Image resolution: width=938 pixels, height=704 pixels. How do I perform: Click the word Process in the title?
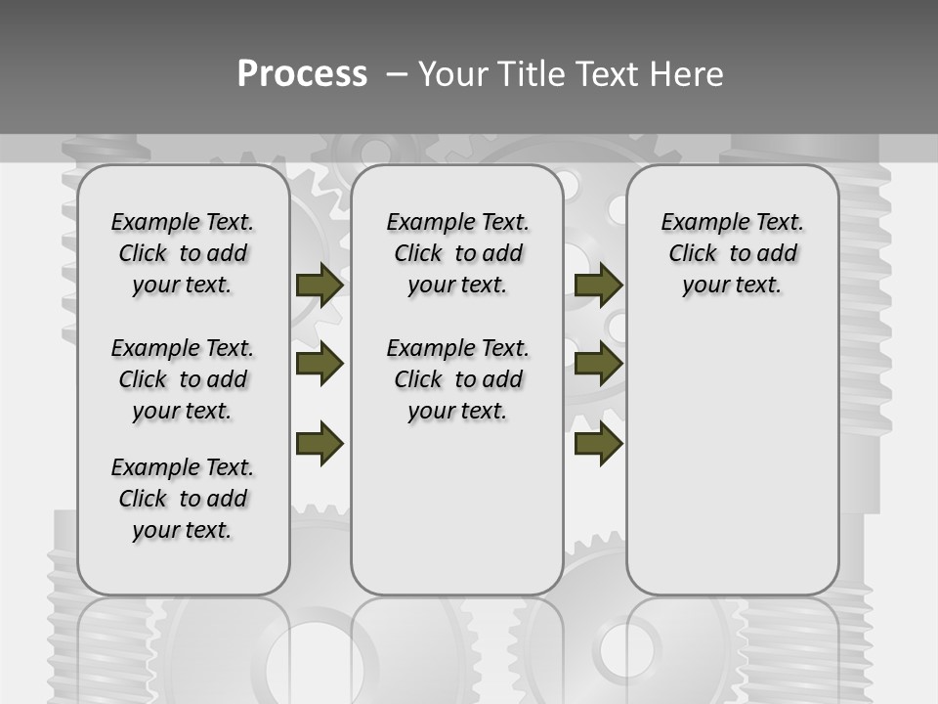302,73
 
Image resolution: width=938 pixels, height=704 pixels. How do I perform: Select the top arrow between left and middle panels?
320,285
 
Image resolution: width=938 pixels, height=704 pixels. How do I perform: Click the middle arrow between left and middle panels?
320,364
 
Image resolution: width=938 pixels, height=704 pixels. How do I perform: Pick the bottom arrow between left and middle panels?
320,443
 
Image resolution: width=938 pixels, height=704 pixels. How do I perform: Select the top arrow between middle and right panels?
598,285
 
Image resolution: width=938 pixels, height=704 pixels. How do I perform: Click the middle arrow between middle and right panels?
598,364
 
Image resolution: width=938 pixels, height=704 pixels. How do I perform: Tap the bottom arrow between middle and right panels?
598,443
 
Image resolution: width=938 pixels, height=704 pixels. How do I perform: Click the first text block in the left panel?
183,253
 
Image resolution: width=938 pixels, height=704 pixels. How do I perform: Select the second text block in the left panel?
183,379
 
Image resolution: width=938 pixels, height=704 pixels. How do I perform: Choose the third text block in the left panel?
183,499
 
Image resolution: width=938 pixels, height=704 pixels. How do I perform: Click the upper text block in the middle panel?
457,253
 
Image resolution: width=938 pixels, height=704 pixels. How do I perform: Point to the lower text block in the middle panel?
457,379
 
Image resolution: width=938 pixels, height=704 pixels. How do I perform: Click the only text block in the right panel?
732,253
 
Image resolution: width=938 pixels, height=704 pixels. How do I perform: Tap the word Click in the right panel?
693,254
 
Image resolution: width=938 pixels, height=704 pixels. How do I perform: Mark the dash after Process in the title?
397,73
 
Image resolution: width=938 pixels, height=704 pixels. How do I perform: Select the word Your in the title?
452,73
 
